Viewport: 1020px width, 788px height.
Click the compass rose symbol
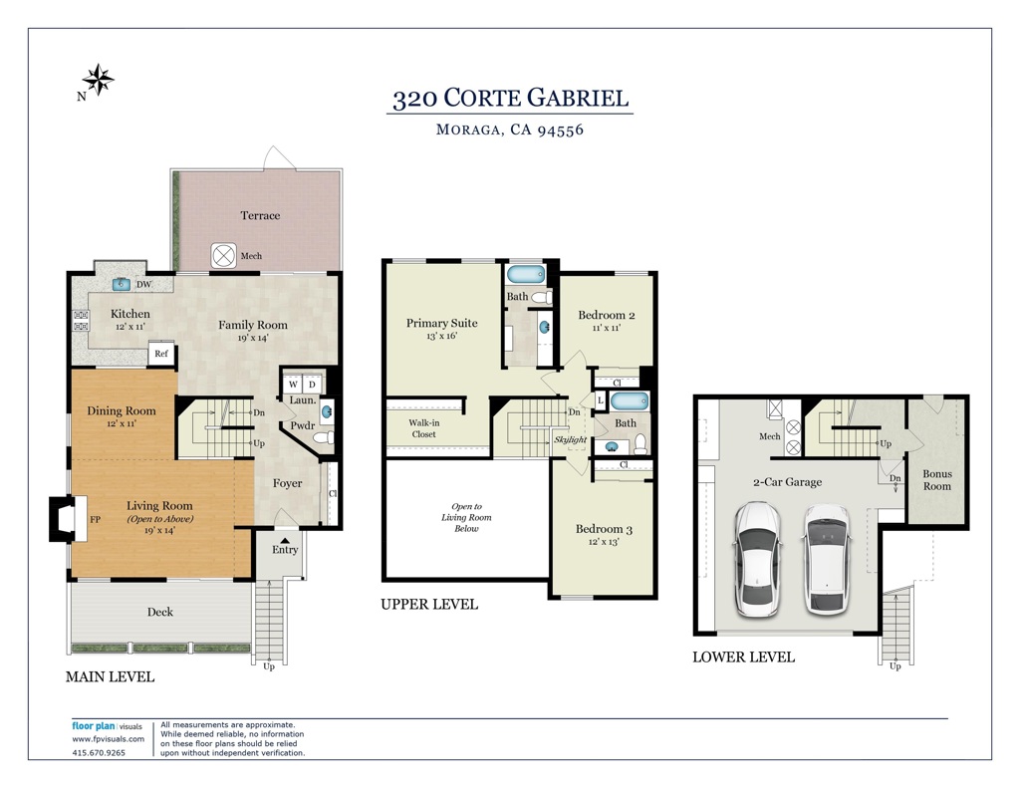pos(99,80)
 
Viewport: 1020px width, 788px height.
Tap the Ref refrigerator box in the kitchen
pos(161,354)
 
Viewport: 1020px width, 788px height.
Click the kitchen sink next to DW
pos(122,284)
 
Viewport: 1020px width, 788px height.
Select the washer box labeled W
pos(294,384)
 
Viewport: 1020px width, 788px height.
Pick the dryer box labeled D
pos(312,384)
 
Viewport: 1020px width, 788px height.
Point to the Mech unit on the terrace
pos(224,256)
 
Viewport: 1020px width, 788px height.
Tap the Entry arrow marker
pos(285,539)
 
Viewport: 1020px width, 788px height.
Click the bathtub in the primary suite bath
pos(526,274)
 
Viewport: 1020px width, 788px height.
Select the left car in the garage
pos(758,558)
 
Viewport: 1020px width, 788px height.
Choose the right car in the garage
pos(827,559)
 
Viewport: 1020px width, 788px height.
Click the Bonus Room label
pos(936,480)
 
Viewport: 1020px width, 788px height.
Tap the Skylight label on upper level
pos(571,440)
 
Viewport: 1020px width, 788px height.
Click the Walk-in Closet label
pos(424,428)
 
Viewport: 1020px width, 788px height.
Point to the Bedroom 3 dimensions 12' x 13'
pos(604,541)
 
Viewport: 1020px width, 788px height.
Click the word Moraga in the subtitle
pos(468,130)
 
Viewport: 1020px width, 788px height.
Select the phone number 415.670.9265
pos(99,753)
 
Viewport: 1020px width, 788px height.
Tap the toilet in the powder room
pos(324,437)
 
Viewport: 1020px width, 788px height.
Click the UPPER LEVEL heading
pos(429,605)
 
